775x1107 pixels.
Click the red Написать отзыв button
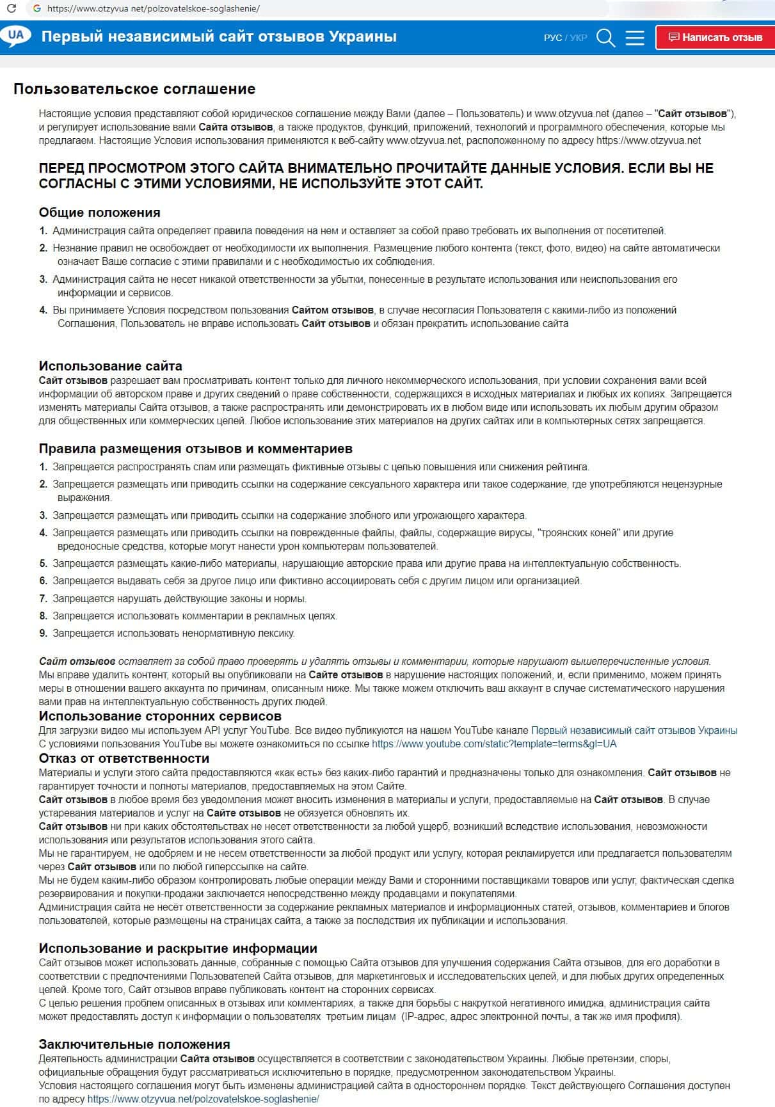point(715,37)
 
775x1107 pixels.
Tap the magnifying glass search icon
point(605,38)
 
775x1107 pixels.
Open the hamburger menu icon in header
point(634,38)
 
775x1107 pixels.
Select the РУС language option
point(552,38)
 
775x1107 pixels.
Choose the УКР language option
point(579,38)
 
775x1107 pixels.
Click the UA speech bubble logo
point(16,36)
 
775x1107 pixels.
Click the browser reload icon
point(11,9)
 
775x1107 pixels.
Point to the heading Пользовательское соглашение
point(134,89)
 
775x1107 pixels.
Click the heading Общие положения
point(99,212)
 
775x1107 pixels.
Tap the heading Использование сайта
point(110,366)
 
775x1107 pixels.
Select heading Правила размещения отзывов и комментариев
point(195,449)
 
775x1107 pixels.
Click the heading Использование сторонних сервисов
point(160,716)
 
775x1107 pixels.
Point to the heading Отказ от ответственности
point(124,758)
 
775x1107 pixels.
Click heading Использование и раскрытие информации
point(178,948)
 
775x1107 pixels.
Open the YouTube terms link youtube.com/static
point(494,744)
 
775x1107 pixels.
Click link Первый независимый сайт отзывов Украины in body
point(634,730)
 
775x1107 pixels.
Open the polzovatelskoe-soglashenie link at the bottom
point(203,1099)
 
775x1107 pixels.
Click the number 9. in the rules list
point(44,633)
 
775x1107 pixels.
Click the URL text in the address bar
point(154,9)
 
